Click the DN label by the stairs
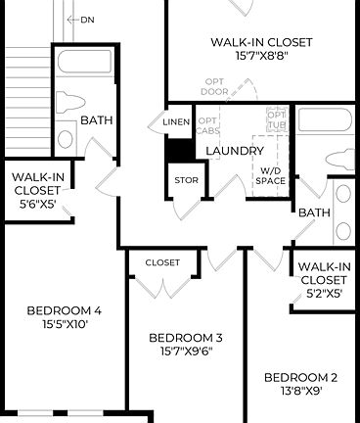[x=88, y=20]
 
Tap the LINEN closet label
[x=176, y=121]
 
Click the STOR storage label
[x=185, y=180]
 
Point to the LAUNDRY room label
[x=234, y=151]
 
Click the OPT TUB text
[x=276, y=120]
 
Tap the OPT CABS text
[x=208, y=124]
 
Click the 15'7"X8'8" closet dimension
[x=261, y=57]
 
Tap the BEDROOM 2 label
[x=301, y=377]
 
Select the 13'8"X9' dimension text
[x=301, y=391]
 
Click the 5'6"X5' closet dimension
[x=37, y=206]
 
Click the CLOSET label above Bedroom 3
[x=162, y=262]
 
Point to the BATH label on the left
[x=96, y=120]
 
